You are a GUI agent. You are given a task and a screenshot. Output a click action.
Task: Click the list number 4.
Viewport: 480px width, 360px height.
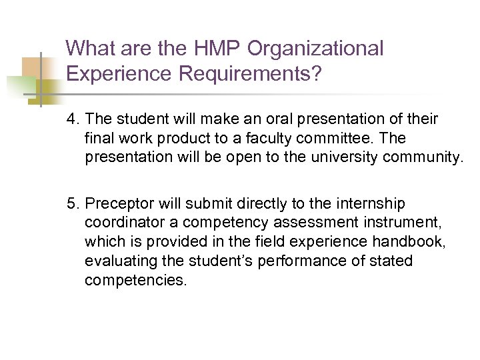(72, 119)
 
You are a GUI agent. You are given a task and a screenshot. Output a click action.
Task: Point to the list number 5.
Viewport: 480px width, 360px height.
(72, 203)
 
